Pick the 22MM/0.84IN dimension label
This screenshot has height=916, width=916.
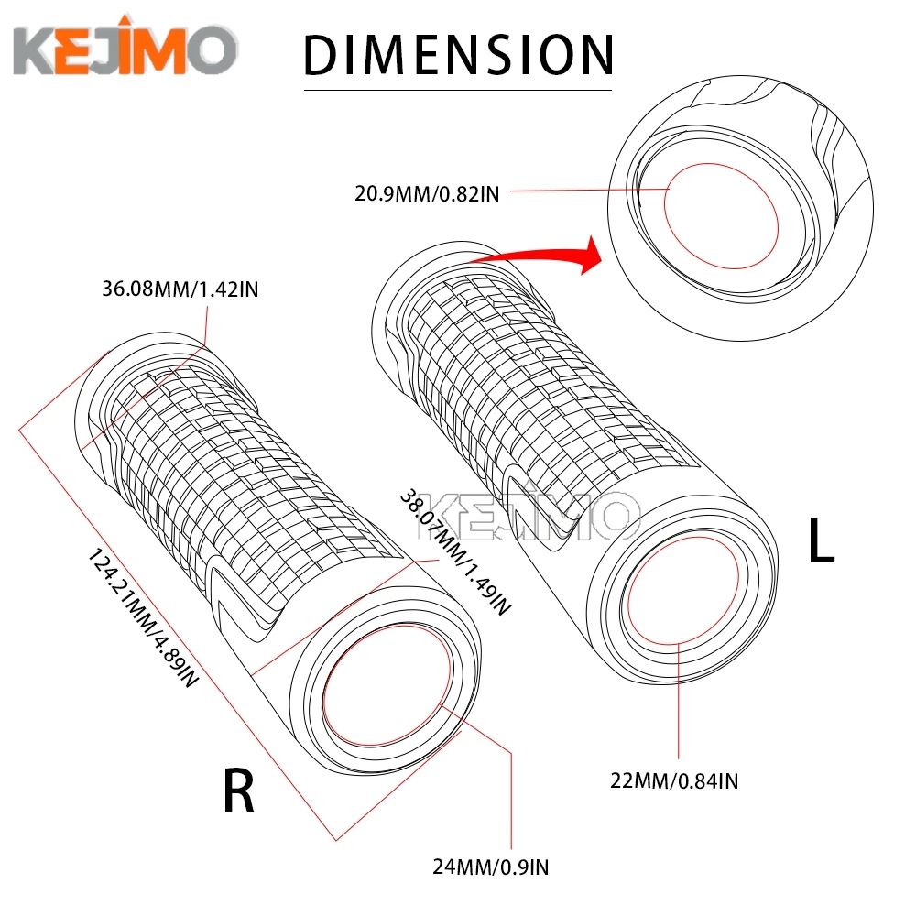676,781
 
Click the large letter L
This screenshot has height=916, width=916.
822,541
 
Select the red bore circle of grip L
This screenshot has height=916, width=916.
678,591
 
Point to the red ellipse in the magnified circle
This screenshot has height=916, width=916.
720,216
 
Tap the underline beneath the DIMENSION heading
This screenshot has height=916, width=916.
457,89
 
